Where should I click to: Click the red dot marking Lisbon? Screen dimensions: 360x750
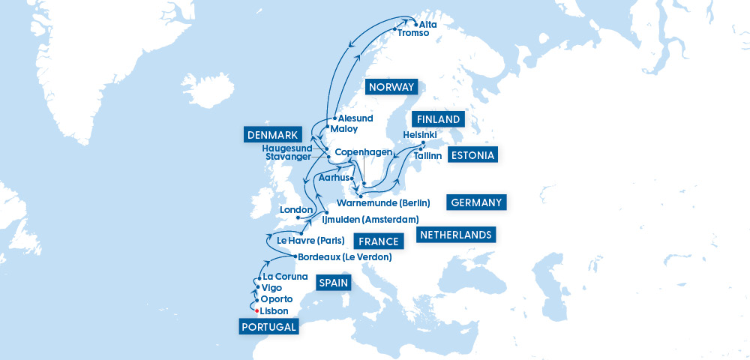(256, 310)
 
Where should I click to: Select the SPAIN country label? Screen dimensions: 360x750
(332, 283)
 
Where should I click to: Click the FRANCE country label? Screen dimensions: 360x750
(378, 241)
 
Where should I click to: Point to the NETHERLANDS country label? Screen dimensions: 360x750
(456, 235)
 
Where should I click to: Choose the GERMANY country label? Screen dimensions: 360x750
(477, 202)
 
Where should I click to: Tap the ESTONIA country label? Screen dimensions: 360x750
(472, 155)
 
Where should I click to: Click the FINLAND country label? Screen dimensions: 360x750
(437, 119)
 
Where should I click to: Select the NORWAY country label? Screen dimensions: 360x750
(391, 87)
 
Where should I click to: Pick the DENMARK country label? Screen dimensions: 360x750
(272, 135)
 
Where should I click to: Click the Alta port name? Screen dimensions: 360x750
(428, 24)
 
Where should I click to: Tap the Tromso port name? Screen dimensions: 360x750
(413, 33)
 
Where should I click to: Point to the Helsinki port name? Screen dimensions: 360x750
(420, 133)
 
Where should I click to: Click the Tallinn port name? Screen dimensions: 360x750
(428, 155)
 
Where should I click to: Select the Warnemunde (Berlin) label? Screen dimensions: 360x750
(383, 202)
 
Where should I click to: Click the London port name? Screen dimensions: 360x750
(295, 209)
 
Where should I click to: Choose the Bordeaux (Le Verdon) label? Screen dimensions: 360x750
(345, 257)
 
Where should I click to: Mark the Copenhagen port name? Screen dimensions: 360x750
(363, 152)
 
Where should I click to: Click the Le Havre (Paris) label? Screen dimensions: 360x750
(310, 241)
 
